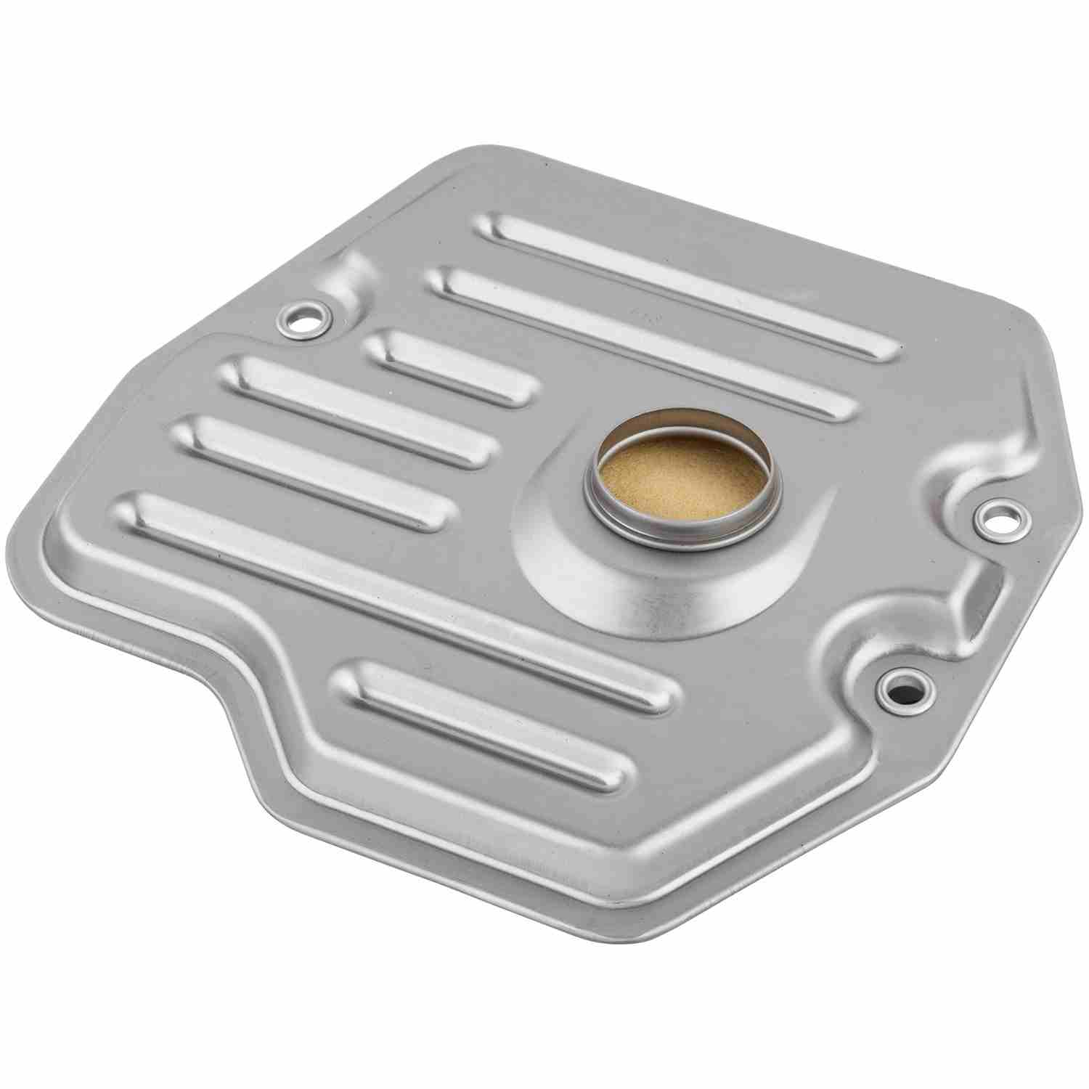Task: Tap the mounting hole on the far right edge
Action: pyautogui.click(x=1000, y=516)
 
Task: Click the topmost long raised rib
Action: pyautogui.click(x=690, y=283)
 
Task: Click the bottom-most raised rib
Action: pyautogui.click(x=486, y=726)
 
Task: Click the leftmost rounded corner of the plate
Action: pyautogui.click(x=54, y=537)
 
